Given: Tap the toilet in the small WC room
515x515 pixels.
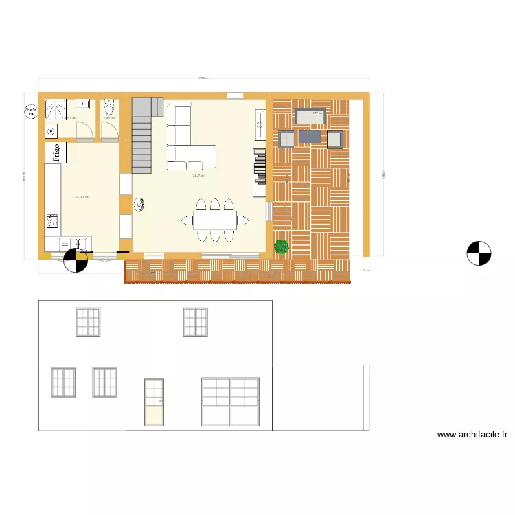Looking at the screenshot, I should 108,108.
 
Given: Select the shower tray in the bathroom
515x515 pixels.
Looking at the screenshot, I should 54,108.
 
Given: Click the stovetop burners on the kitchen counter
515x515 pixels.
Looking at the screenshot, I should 52,221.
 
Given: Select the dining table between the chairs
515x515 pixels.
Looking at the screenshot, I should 214,220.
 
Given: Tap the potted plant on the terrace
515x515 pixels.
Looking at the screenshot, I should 281,247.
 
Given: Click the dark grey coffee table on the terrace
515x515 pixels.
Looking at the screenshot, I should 310,137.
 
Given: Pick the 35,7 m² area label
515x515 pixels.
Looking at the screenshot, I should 199,176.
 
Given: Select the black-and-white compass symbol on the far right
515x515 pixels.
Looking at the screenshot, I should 479,253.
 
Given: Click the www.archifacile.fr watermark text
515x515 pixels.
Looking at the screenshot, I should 472,434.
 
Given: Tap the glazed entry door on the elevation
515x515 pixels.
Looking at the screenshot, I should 154,402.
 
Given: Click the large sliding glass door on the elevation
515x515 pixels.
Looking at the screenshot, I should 230,401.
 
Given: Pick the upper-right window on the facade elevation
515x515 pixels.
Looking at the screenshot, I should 195,322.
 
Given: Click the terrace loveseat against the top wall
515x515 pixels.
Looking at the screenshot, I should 310,117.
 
